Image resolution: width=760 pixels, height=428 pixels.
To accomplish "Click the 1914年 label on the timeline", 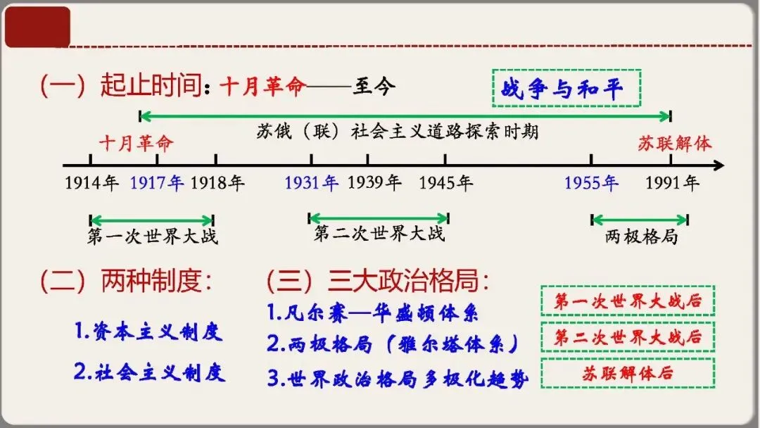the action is pyautogui.click(x=92, y=184).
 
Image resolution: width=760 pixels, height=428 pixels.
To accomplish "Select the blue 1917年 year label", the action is pyautogui.click(x=157, y=184).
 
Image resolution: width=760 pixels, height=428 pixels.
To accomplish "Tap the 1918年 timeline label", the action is pyautogui.click(x=217, y=184).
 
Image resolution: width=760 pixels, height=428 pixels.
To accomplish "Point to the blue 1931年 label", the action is pyautogui.click(x=312, y=184).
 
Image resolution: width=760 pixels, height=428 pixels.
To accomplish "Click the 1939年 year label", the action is pyautogui.click(x=374, y=184).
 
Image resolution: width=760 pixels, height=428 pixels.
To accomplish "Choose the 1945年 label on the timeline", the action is pyautogui.click(x=446, y=184).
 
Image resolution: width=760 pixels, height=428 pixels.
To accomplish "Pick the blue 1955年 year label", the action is pyautogui.click(x=591, y=184).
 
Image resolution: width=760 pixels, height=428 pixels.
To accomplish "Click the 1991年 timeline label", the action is pyautogui.click(x=673, y=184).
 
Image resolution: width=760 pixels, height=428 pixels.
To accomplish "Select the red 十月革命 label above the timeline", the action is pyautogui.click(x=136, y=144).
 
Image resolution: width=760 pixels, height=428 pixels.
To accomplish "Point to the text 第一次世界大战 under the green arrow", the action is pyautogui.click(x=153, y=236).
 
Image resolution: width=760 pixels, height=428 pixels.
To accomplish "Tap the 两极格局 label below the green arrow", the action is pyautogui.click(x=641, y=237).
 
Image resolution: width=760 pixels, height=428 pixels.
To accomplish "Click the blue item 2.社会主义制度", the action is pyautogui.click(x=149, y=372).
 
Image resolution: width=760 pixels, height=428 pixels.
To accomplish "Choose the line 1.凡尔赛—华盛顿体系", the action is pyautogui.click(x=372, y=312).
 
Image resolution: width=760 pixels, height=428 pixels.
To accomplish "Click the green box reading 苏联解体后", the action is pyautogui.click(x=627, y=373).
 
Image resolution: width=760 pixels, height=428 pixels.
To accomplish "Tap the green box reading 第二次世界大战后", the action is pyautogui.click(x=627, y=337).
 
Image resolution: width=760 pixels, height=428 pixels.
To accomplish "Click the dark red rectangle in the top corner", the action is pyautogui.click(x=37, y=27).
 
